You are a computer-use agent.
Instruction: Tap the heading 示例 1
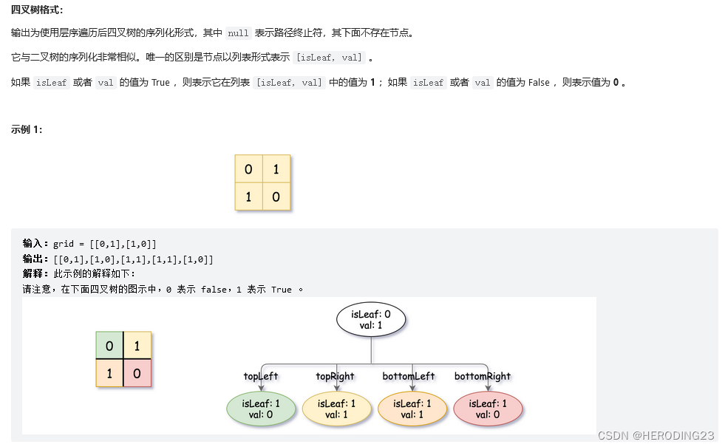27,130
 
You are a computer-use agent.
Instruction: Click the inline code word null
238,33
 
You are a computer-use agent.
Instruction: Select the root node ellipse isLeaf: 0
371,319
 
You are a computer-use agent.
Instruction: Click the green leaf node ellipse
261,409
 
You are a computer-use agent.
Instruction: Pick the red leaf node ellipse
487,409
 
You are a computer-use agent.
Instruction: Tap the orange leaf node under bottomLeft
412,409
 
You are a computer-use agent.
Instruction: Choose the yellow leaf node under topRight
336,409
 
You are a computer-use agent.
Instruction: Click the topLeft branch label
261,376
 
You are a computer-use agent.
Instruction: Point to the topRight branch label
335,376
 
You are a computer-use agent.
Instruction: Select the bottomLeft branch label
409,376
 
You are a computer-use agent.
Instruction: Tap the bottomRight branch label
483,376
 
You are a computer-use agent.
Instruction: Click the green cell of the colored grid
109,346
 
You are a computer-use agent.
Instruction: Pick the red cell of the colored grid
137,374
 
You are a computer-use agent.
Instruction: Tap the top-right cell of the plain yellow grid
276,169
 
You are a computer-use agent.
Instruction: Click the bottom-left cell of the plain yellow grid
249,197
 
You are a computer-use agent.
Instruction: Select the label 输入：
36,244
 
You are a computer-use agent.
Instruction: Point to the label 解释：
36,274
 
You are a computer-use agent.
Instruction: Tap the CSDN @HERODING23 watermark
656,436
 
